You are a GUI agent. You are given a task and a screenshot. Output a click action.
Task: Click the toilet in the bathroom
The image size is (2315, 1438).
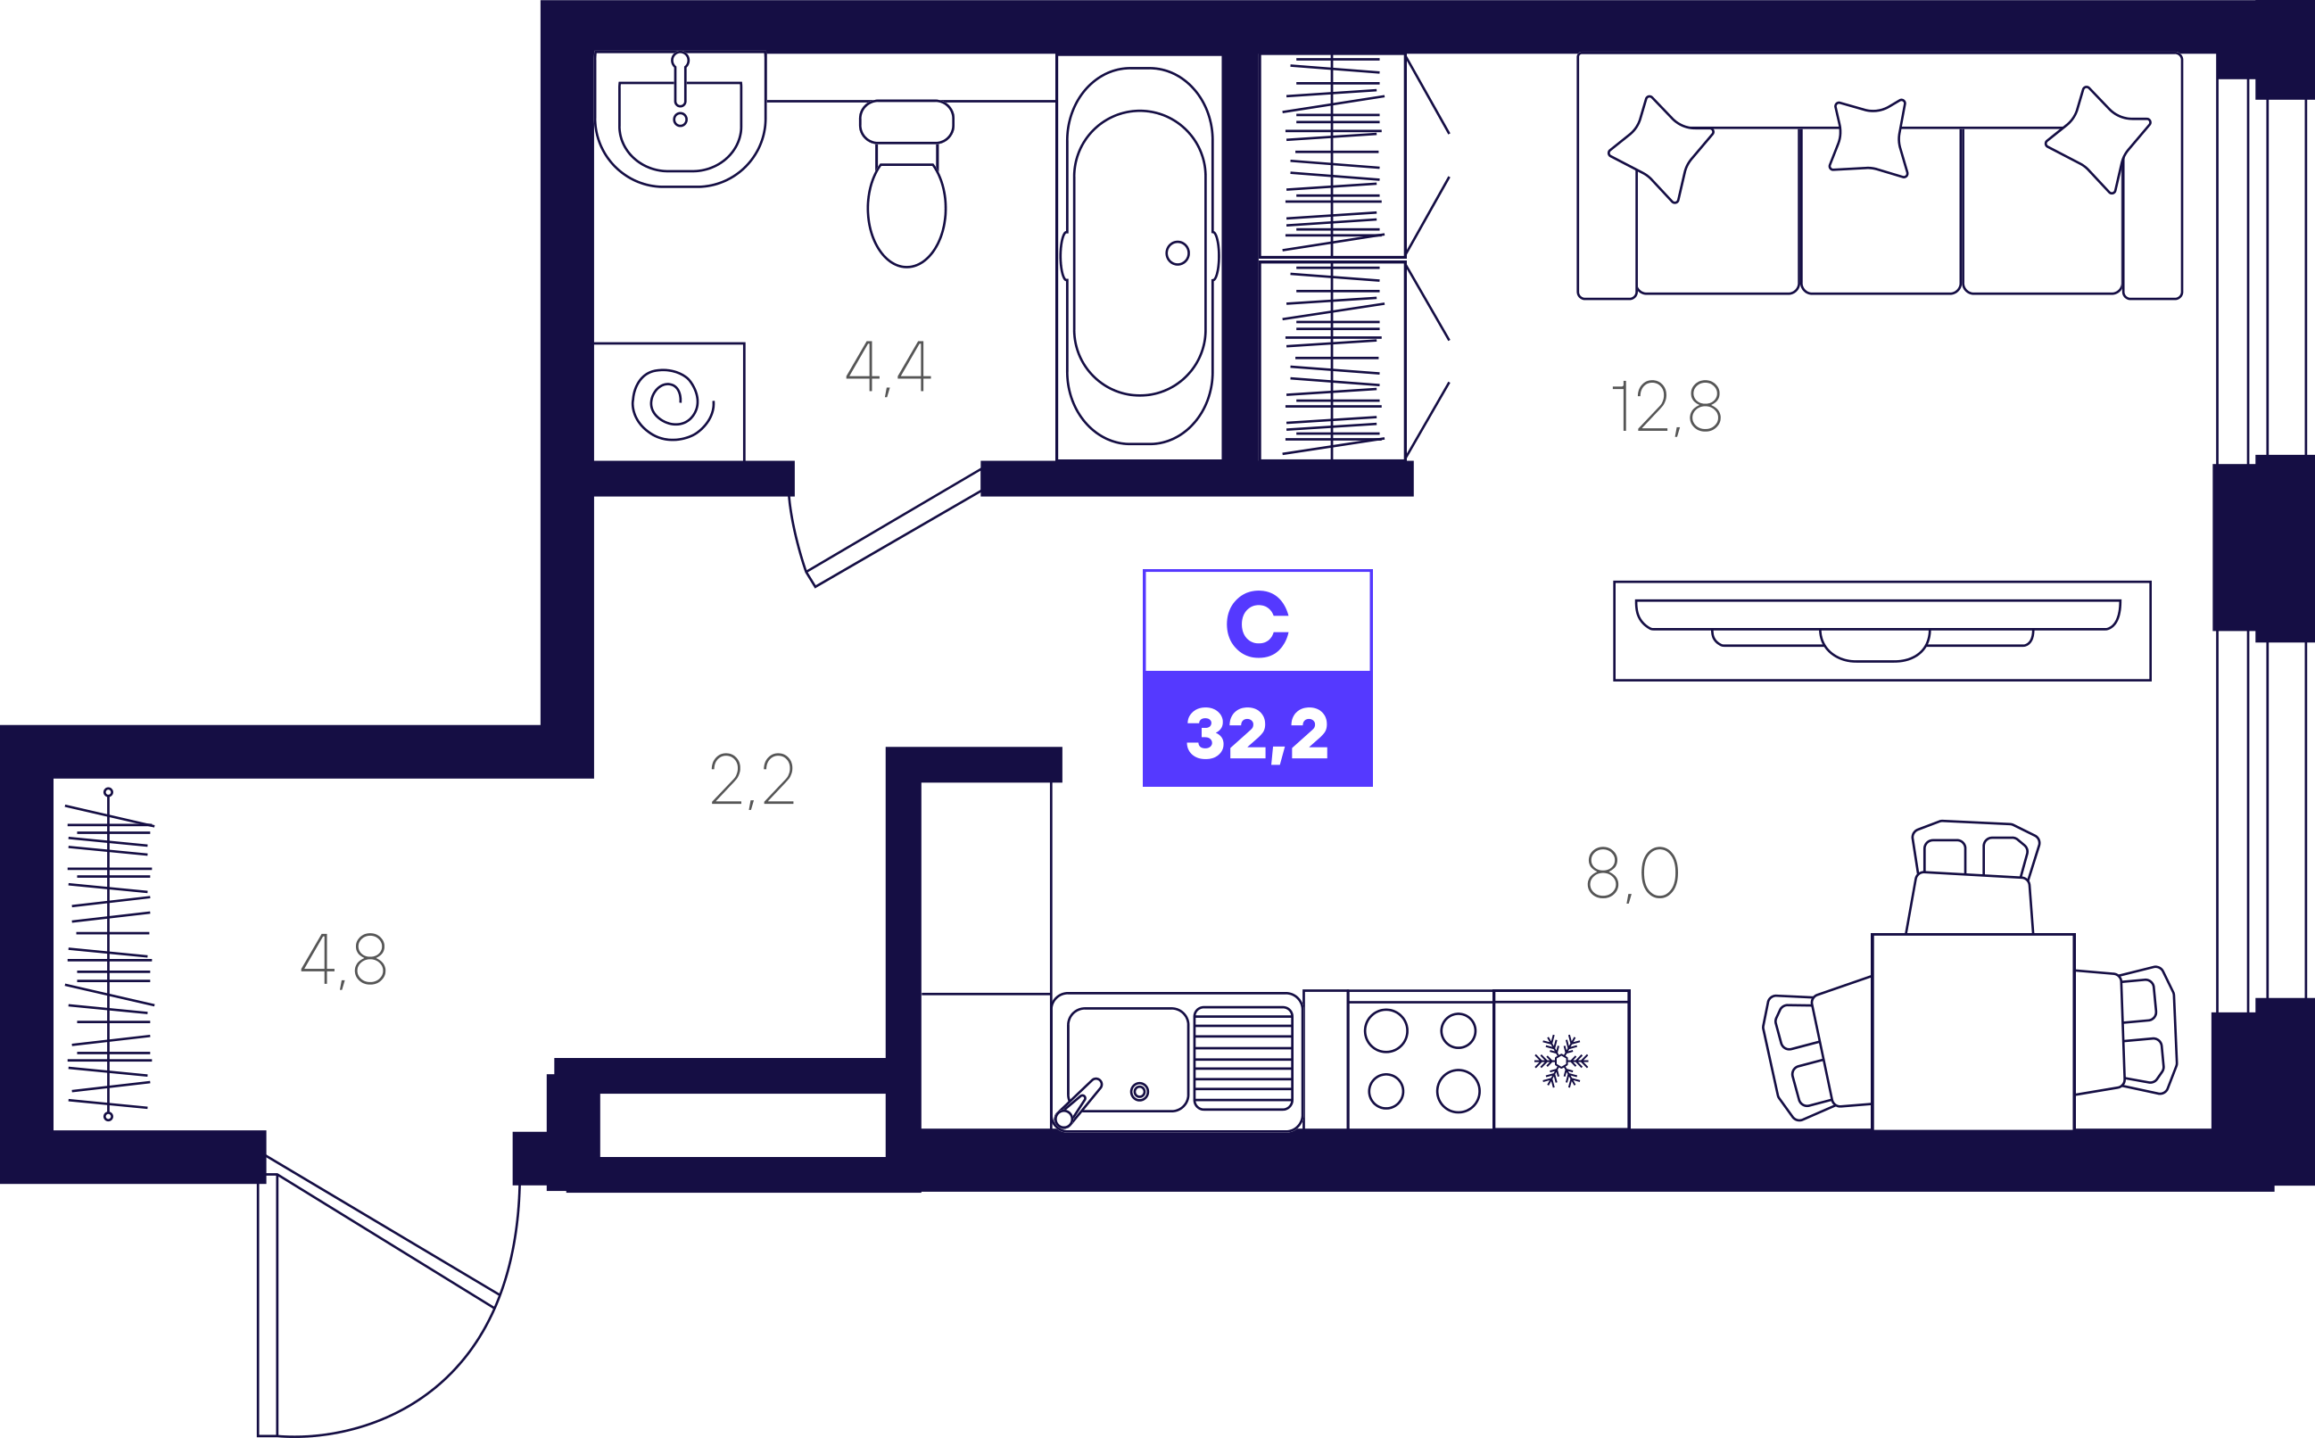[906, 183]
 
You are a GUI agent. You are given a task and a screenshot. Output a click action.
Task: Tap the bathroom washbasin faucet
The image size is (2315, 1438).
[680, 81]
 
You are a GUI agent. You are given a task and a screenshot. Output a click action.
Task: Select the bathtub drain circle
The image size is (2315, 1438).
[1178, 253]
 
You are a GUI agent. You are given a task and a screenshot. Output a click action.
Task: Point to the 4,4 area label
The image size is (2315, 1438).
[889, 368]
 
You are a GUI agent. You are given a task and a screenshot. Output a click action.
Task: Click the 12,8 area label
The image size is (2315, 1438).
[1666, 406]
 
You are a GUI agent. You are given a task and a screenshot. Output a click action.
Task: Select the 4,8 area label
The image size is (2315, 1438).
[343, 960]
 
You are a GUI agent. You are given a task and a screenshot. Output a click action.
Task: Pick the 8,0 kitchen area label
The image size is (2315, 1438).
[1633, 873]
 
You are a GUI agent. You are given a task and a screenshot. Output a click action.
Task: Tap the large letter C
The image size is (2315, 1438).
[1257, 624]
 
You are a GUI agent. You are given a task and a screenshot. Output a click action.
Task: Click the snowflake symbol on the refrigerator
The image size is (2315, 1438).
[1561, 1061]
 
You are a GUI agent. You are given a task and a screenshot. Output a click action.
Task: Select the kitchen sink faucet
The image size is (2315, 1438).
[1079, 1103]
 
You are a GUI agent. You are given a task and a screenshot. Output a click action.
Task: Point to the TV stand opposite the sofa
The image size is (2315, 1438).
[1882, 631]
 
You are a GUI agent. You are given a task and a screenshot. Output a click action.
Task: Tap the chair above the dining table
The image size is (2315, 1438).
[1973, 876]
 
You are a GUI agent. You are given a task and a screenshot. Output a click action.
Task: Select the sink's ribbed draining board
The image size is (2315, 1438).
[1243, 1059]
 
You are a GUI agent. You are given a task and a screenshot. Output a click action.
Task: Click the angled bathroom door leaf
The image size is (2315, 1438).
[894, 527]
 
